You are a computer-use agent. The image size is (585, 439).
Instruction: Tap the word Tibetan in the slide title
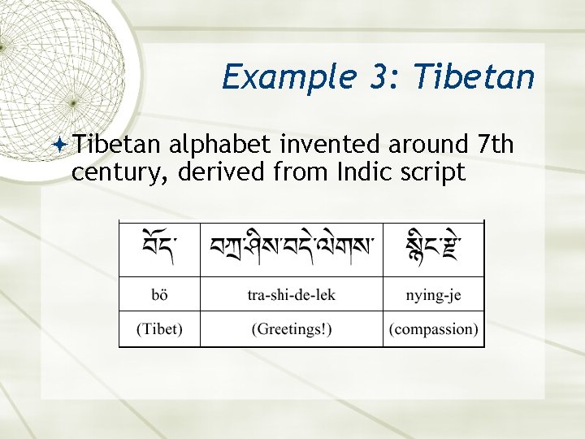pyautogui.click(x=474, y=78)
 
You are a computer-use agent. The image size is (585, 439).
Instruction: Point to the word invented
pyautogui.click(x=331, y=145)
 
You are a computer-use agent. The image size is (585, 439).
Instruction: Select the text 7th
pyautogui.click(x=496, y=145)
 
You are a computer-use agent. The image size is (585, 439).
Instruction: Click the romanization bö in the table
pyautogui.click(x=159, y=294)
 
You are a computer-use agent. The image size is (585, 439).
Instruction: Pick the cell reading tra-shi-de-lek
pyautogui.click(x=291, y=294)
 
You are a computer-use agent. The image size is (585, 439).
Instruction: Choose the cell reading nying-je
pyautogui.click(x=433, y=294)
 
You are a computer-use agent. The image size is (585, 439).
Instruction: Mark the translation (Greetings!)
pyautogui.click(x=291, y=329)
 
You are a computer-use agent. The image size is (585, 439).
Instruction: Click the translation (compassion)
pyautogui.click(x=433, y=329)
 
